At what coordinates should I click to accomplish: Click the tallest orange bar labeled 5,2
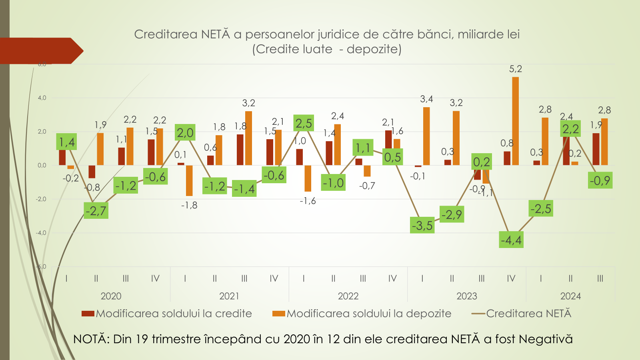click(x=515, y=121)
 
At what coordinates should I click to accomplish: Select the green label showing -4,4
click(x=511, y=240)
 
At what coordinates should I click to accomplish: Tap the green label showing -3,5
click(x=422, y=226)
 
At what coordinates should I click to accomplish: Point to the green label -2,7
click(x=96, y=210)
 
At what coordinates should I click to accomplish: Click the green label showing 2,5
click(x=304, y=123)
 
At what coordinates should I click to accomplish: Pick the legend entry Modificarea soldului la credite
click(x=167, y=314)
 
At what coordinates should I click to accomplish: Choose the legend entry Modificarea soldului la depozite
click(x=362, y=314)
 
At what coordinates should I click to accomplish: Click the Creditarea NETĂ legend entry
click(x=522, y=314)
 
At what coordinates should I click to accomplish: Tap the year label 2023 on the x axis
click(x=467, y=296)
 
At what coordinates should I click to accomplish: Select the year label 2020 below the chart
click(x=111, y=296)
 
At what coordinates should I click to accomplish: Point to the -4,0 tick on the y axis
click(x=41, y=233)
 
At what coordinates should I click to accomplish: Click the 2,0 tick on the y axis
click(x=42, y=132)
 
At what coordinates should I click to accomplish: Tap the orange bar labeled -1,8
click(x=189, y=180)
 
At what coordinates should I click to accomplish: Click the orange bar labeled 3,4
click(x=426, y=136)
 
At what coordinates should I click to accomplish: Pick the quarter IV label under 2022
click(x=392, y=278)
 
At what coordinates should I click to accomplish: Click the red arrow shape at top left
click(x=40, y=51)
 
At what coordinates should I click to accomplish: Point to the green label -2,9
click(x=452, y=215)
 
